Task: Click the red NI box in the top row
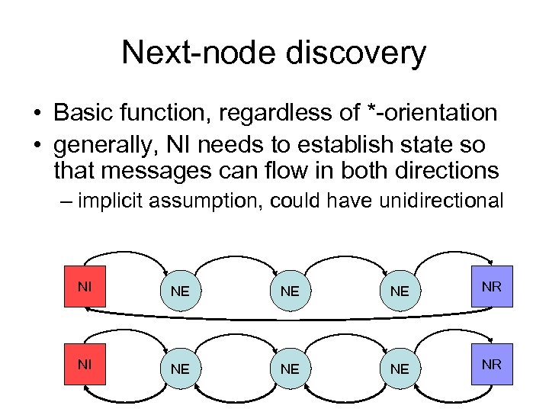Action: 85,286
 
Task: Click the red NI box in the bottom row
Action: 85,364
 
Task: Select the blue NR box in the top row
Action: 492,286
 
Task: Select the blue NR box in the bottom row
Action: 492,364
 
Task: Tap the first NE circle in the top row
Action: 180,291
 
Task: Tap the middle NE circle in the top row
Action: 290,291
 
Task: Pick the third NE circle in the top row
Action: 400,291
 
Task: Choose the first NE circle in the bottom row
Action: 180,369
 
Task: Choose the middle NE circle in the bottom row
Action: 290,369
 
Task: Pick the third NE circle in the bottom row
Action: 400,369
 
